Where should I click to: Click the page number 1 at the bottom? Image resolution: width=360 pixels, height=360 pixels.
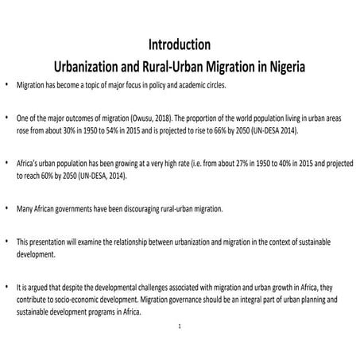click(x=180, y=327)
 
